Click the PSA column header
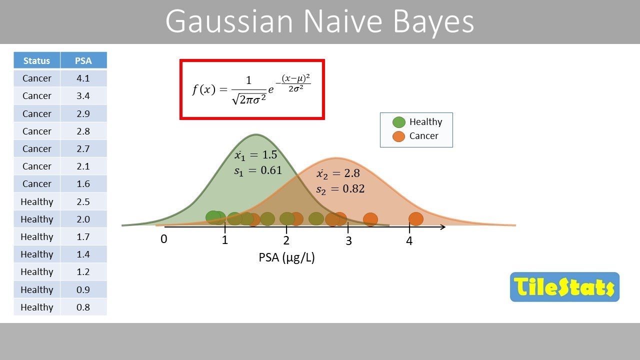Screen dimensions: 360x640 (83, 60)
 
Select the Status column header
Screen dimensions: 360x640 (36, 60)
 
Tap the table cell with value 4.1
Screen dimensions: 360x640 (83, 78)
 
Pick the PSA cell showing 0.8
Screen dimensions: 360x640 (83, 307)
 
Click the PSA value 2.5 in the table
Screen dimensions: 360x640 (83, 201)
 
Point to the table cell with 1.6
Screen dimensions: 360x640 (83, 183)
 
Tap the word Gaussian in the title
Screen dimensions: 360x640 (229, 22)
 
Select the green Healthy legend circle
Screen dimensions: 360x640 (398, 122)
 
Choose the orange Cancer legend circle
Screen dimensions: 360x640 (398, 136)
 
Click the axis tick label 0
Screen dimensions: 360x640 (163, 239)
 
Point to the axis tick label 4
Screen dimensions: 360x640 (409, 241)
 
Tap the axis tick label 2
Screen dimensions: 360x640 (286, 240)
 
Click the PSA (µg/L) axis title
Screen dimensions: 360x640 (286, 257)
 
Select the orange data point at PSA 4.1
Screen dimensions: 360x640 (416, 219)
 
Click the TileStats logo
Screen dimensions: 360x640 (564, 287)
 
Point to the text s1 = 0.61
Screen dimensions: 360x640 (258, 170)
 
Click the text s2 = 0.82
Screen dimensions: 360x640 (340, 189)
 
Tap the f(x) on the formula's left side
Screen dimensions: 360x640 (203, 89)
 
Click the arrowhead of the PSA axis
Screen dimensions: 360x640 (442, 227)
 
